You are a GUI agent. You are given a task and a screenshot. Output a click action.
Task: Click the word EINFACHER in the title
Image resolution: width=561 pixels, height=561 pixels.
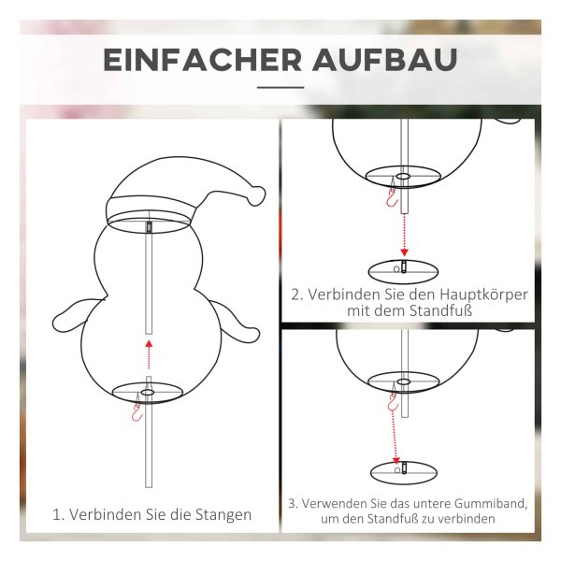[203, 60]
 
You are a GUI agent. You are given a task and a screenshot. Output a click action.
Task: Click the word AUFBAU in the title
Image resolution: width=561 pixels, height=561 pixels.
[385, 60]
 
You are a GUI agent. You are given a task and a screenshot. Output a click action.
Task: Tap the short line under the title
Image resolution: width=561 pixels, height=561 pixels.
[280, 87]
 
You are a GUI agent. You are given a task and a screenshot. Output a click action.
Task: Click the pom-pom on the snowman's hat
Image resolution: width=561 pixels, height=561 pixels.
[257, 195]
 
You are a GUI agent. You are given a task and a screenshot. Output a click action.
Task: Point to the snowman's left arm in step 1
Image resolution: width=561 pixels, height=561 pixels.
[72, 316]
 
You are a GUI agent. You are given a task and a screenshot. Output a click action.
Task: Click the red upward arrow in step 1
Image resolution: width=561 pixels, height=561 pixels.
[149, 354]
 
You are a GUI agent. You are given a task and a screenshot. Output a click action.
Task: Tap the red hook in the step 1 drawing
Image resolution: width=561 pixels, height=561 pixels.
[137, 411]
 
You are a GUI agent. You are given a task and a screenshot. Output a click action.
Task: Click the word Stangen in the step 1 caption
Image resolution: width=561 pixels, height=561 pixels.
[223, 515]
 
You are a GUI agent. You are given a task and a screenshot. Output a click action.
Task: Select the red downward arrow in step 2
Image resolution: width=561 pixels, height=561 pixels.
[404, 235]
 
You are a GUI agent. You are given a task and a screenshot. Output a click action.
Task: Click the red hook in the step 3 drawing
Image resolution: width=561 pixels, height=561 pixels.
[394, 401]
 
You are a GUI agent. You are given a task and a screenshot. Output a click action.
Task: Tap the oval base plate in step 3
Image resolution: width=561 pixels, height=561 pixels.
[404, 472]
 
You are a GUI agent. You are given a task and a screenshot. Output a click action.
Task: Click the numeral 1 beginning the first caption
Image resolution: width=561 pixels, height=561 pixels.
[56, 515]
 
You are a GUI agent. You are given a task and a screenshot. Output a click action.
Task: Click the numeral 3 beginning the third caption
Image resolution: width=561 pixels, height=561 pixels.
[292, 503]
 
